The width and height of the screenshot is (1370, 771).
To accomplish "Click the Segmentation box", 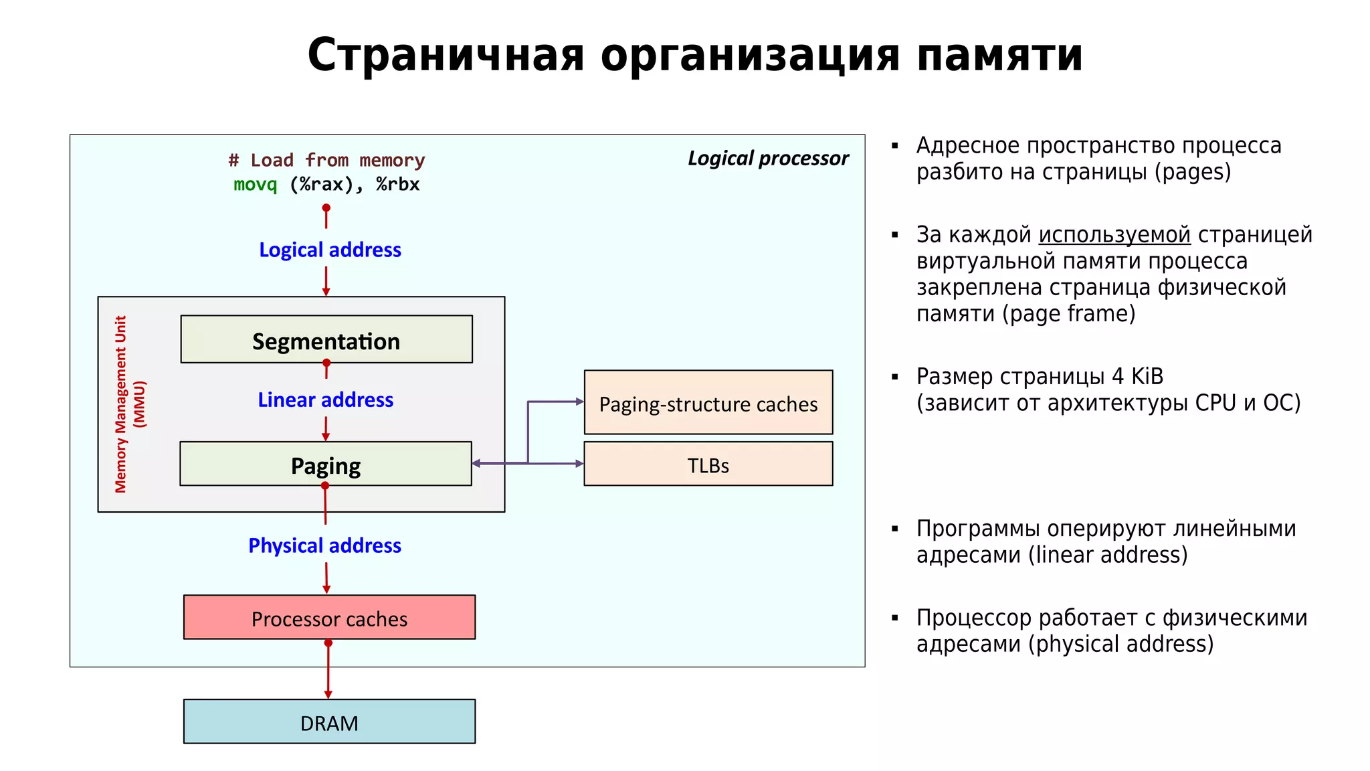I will coord(326,339).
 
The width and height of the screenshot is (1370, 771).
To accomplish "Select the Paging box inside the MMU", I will coord(326,464).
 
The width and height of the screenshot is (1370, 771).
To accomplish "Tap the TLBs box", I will coord(708,464).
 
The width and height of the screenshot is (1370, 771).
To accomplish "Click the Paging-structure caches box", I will coord(708,402).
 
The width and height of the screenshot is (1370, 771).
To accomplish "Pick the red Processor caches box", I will coord(329,617).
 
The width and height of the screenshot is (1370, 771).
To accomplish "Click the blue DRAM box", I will coord(329,721).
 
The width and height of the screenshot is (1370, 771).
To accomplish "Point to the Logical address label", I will coord(330,250).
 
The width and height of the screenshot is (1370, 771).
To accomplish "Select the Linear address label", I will coord(326,400).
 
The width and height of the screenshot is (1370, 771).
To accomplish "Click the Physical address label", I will coord(324,545).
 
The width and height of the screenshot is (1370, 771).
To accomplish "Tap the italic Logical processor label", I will coord(768,159).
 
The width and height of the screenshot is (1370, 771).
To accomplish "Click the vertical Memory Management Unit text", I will coord(121,404).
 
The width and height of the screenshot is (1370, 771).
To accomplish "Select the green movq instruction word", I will coord(255,185).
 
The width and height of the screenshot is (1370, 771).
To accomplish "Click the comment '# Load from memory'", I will coord(326,161).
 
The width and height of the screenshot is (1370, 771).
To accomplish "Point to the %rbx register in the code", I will coord(397,185).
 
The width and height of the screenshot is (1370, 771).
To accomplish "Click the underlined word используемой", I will coord(1114,235).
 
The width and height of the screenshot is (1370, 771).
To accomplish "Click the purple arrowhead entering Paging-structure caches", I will coord(579,402).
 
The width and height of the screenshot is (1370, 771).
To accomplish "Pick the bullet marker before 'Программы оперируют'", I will coord(895,529).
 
